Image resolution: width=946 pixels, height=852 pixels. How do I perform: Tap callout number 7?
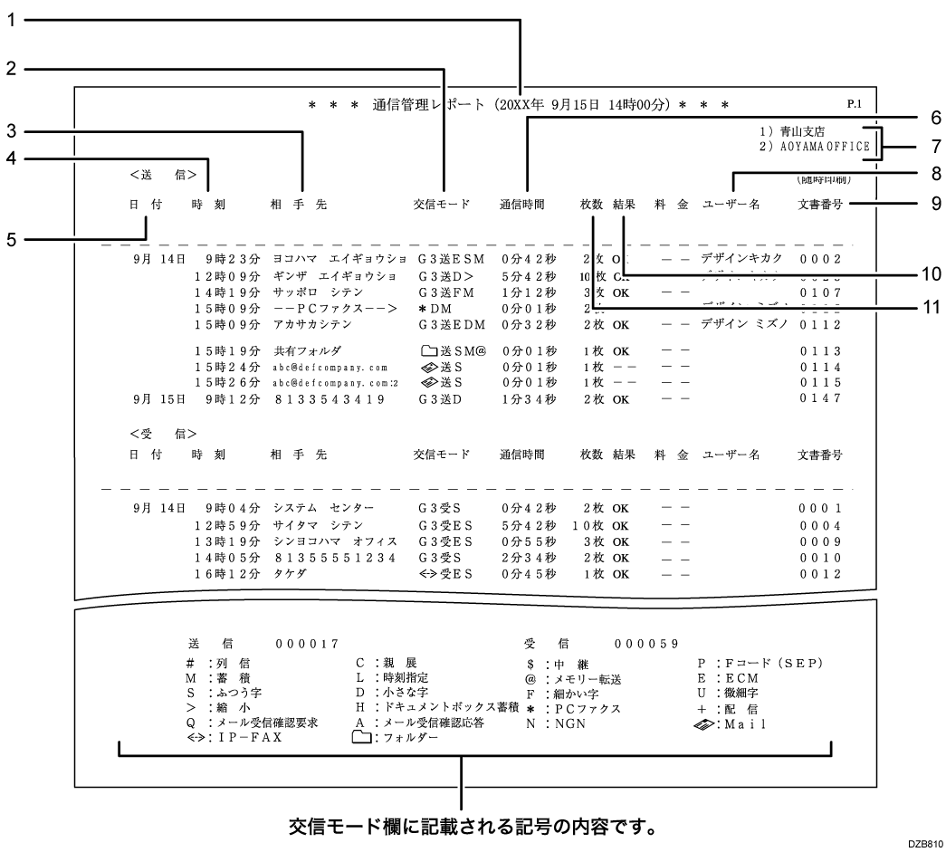(x=935, y=145)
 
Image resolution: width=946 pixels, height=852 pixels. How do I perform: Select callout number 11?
(x=935, y=308)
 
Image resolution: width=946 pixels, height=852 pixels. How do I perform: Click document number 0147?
(x=821, y=398)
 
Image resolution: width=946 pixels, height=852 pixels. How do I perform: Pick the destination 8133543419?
(x=330, y=398)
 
